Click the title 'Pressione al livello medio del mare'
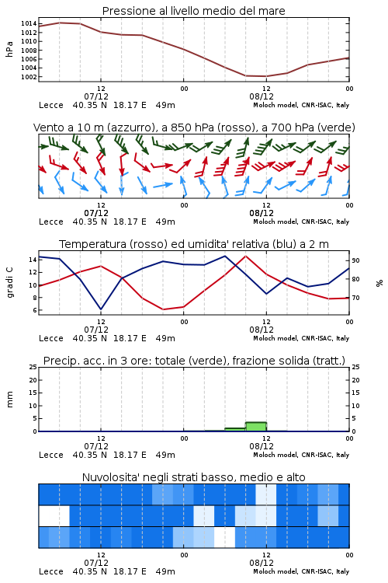point(193,11)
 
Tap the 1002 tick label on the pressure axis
point(29,77)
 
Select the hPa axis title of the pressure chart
point(9,49)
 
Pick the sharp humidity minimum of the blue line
point(101,309)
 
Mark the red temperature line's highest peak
point(245,256)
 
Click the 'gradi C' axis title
point(10,282)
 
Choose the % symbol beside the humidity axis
point(379,283)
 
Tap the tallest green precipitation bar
point(256,427)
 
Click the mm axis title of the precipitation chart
point(10,400)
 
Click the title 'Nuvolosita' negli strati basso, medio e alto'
point(193,477)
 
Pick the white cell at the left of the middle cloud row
point(54,516)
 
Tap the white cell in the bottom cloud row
point(224,537)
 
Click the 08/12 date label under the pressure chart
point(262,96)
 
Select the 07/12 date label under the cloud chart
point(96,563)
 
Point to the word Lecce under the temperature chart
point(51,338)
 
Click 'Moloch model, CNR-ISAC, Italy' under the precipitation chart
point(301,455)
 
